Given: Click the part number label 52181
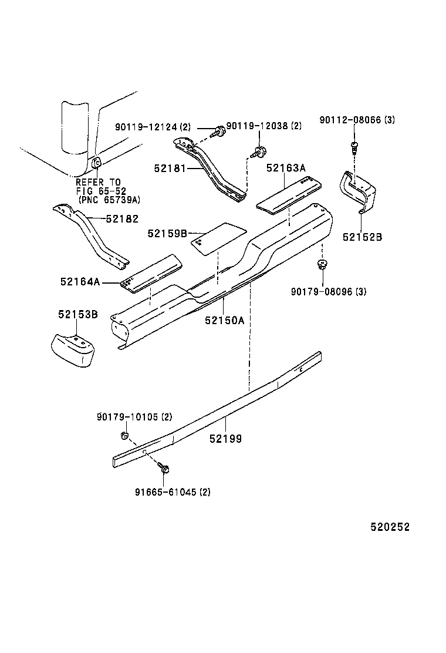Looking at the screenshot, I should coord(170,168).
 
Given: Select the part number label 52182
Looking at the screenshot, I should coord(123,219).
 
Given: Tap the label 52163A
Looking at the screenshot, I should coord(286,168).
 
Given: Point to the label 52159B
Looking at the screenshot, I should coord(167,234).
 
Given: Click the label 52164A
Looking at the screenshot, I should coord(79,282).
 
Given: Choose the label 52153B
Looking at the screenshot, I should coord(77,315).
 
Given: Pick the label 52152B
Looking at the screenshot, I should coord(362,237).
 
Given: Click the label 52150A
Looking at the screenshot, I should coord(224,321).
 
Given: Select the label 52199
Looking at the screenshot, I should coord(227,438).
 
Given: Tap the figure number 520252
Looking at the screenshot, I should coord(390,527).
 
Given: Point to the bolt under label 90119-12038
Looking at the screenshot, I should coord(258,152).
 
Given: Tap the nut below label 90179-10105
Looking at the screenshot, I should coord(124,435).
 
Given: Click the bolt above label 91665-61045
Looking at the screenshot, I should coord(164,469).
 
